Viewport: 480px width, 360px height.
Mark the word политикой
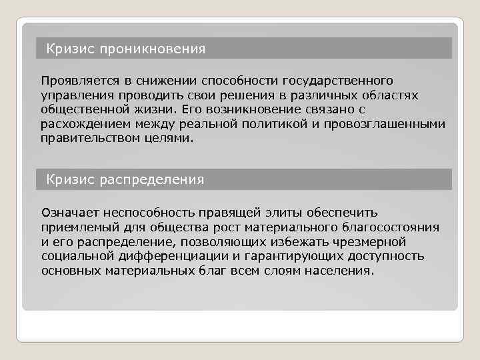[x=281, y=124]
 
